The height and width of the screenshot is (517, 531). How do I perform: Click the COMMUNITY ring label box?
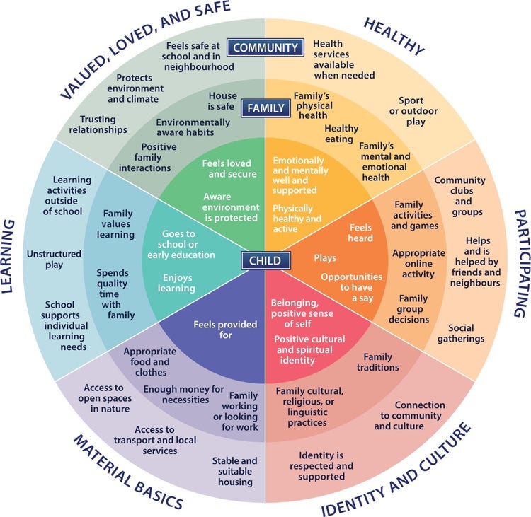(x=265, y=48)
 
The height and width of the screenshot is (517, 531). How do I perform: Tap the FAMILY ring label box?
(x=265, y=109)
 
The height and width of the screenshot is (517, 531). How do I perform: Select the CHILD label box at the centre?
(x=265, y=260)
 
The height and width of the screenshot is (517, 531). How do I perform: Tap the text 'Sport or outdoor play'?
(x=418, y=111)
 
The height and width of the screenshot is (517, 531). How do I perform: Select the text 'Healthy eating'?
(x=341, y=134)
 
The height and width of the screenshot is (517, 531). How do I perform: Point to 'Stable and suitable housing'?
(x=234, y=471)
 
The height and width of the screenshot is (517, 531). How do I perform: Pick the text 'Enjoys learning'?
(x=178, y=283)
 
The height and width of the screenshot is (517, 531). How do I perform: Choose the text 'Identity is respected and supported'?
(x=321, y=466)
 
